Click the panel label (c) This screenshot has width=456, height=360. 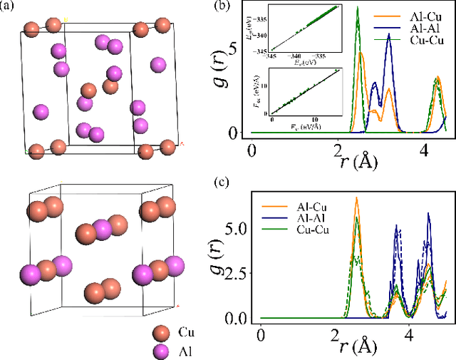222,180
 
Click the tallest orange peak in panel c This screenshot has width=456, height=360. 356,197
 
